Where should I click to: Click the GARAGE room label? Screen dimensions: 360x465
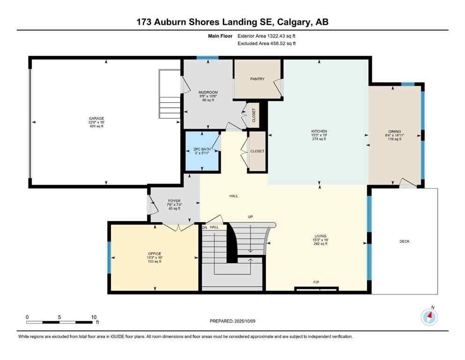97,119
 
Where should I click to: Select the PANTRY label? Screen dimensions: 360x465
257,79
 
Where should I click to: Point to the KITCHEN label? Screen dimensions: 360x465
319,131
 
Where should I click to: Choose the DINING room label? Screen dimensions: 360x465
394,132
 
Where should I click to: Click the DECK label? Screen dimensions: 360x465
405,241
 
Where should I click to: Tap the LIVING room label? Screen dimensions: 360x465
320,236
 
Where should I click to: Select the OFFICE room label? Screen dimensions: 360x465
155,254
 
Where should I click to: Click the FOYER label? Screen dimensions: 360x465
174,201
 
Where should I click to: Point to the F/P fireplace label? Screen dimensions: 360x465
316,282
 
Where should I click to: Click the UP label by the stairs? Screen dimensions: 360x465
251,217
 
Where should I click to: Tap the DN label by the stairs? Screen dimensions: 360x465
204,227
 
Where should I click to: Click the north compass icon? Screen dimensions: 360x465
429,317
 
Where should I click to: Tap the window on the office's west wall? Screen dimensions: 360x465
109,257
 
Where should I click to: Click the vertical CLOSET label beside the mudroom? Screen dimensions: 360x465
254,115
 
